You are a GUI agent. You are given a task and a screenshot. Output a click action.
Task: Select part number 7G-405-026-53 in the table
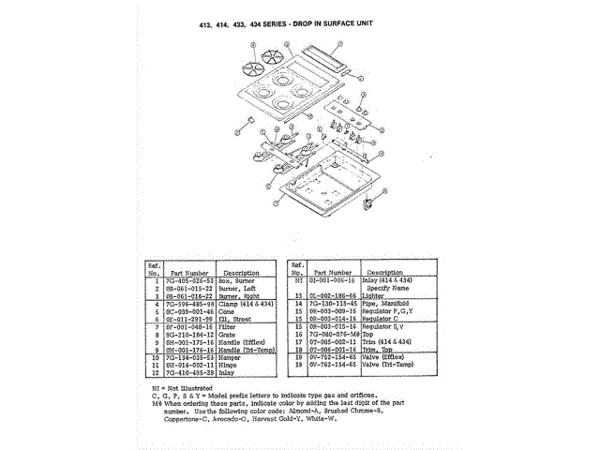(x=188, y=280)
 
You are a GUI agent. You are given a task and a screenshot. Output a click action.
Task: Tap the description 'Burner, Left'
(x=239, y=288)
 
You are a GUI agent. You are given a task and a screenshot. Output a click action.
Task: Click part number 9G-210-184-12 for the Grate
(x=188, y=334)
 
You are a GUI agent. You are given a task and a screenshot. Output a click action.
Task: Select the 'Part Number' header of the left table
(x=188, y=272)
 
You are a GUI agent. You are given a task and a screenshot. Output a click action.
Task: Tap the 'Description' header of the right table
(x=384, y=272)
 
